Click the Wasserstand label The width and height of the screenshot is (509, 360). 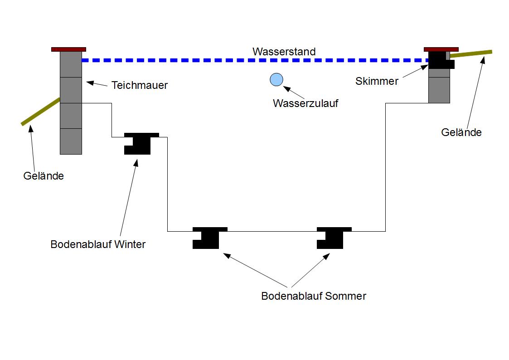click(284, 52)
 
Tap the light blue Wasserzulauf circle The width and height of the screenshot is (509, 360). click(276, 80)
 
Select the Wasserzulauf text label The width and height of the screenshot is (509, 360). click(305, 103)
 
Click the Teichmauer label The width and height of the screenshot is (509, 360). click(140, 85)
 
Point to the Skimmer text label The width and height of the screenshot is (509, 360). click(377, 82)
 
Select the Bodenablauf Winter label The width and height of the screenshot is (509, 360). click(98, 245)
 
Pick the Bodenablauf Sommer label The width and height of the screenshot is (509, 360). click(314, 297)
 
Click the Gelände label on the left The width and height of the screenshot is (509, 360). click(44, 176)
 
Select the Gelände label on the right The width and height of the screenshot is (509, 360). click(461, 132)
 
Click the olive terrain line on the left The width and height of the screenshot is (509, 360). click(41, 112)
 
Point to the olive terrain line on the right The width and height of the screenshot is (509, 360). click(471, 54)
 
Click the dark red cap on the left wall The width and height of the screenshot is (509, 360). click(68, 49)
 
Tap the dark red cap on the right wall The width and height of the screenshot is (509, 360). click(441, 49)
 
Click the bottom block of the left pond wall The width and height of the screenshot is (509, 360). click(71, 141)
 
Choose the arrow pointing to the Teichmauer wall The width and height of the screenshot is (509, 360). click(97, 84)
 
